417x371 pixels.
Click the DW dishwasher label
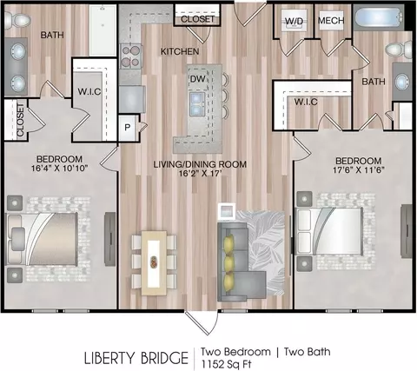point(198,78)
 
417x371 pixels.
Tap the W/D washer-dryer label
point(294,21)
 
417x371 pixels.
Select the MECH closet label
point(331,20)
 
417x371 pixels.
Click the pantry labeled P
point(127,128)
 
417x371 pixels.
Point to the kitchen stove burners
point(131,56)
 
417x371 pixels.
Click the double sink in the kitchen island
point(197,103)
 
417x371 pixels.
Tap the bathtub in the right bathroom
point(379,17)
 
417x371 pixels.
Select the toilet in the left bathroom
point(18,21)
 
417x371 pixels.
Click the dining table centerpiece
point(153,262)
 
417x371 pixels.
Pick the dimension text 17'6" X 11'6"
point(359,169)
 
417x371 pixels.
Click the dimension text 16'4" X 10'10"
point(60,168)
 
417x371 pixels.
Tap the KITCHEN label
point(180,51)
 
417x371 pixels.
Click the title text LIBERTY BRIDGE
point(136,358)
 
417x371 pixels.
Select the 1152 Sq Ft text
point(227,364)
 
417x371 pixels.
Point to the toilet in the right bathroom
point(399,48)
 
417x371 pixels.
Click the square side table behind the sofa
point(227,211)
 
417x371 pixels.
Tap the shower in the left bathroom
point(103,30)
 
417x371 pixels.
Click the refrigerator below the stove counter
point(132,99)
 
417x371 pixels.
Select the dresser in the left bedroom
point(109,239)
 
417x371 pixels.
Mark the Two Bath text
point(308,352)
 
